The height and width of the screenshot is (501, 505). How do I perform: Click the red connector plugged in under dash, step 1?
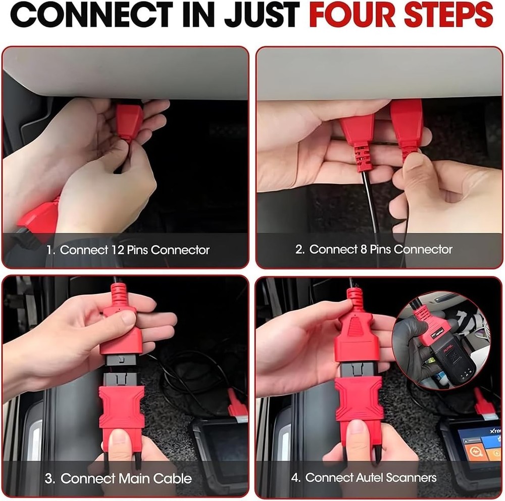click(130, 120)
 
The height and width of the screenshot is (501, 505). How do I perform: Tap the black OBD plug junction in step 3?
click(120, 373)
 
